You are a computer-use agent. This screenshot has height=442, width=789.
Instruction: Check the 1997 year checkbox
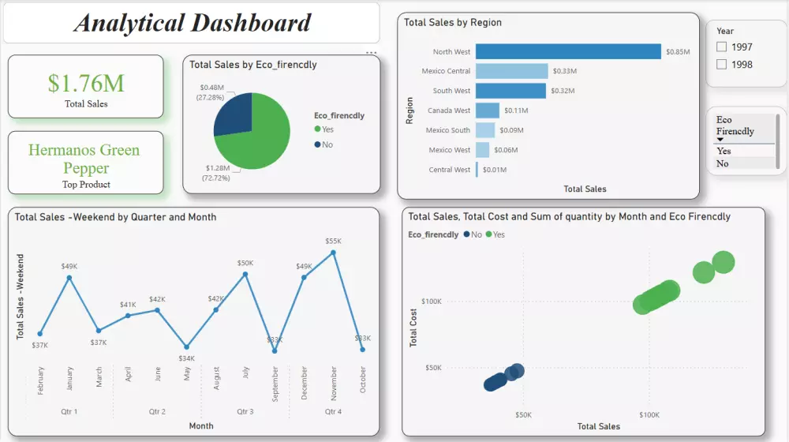click(x=721, y=47)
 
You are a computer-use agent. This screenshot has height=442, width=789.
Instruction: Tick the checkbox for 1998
click(x=721, y=65)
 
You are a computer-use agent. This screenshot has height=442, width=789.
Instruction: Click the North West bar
click(x=568, y=51)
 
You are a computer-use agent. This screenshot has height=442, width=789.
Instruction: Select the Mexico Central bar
click(x=511, y=71)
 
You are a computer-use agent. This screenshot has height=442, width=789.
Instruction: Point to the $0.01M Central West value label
click(x=494, y=170)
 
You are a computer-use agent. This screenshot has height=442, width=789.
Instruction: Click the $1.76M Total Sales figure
click(x=86, y=83)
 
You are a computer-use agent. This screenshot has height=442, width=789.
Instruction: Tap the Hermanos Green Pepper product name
click(x=84, y=159)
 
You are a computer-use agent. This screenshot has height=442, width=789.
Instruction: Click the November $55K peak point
click(x=334, y=253)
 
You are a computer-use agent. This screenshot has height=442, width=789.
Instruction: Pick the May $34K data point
click(x=186, y=346)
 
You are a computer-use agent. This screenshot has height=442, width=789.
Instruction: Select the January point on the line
click(x=69, y=277)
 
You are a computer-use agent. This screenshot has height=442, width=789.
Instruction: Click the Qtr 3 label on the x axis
click(x=245, y=411)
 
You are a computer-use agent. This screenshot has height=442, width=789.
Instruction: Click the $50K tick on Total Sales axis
click(x=523, y=414)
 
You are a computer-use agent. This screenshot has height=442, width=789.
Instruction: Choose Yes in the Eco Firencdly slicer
click(x=724, y=151)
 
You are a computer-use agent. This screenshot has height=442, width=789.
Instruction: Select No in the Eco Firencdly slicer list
click(x=722, y=163)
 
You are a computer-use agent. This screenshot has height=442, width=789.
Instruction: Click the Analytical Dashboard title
click(x=193, y=23)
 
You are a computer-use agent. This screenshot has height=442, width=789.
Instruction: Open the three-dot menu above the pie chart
click(x=371, y=54)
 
